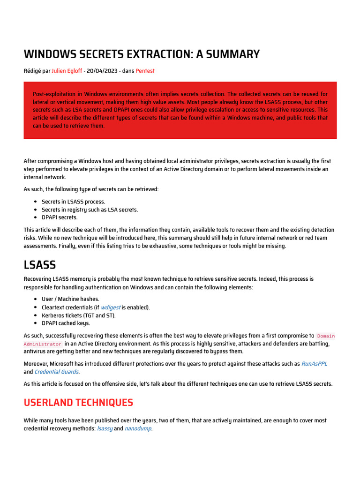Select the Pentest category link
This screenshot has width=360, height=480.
(145, 71)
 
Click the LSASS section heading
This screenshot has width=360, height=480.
(40, 265)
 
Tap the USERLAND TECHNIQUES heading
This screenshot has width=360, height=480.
(78, 403)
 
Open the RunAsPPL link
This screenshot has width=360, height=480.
(314, 364)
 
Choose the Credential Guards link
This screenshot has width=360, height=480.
(57, 372)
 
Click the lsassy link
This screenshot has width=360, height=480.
(105, 429)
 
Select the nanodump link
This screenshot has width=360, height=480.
(138, 429)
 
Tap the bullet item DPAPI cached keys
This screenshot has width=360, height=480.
(66, 323)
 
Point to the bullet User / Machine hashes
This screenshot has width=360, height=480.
(70, 299)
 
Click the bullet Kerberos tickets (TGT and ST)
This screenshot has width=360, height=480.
(78, 315)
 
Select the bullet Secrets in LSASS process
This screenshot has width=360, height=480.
(73, 202)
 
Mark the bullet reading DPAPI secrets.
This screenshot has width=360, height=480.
(60, 217)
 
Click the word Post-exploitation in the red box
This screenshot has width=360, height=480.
(53, 94)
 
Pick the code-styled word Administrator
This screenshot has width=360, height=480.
(43, 344)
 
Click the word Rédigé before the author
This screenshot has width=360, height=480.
(32, 71)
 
